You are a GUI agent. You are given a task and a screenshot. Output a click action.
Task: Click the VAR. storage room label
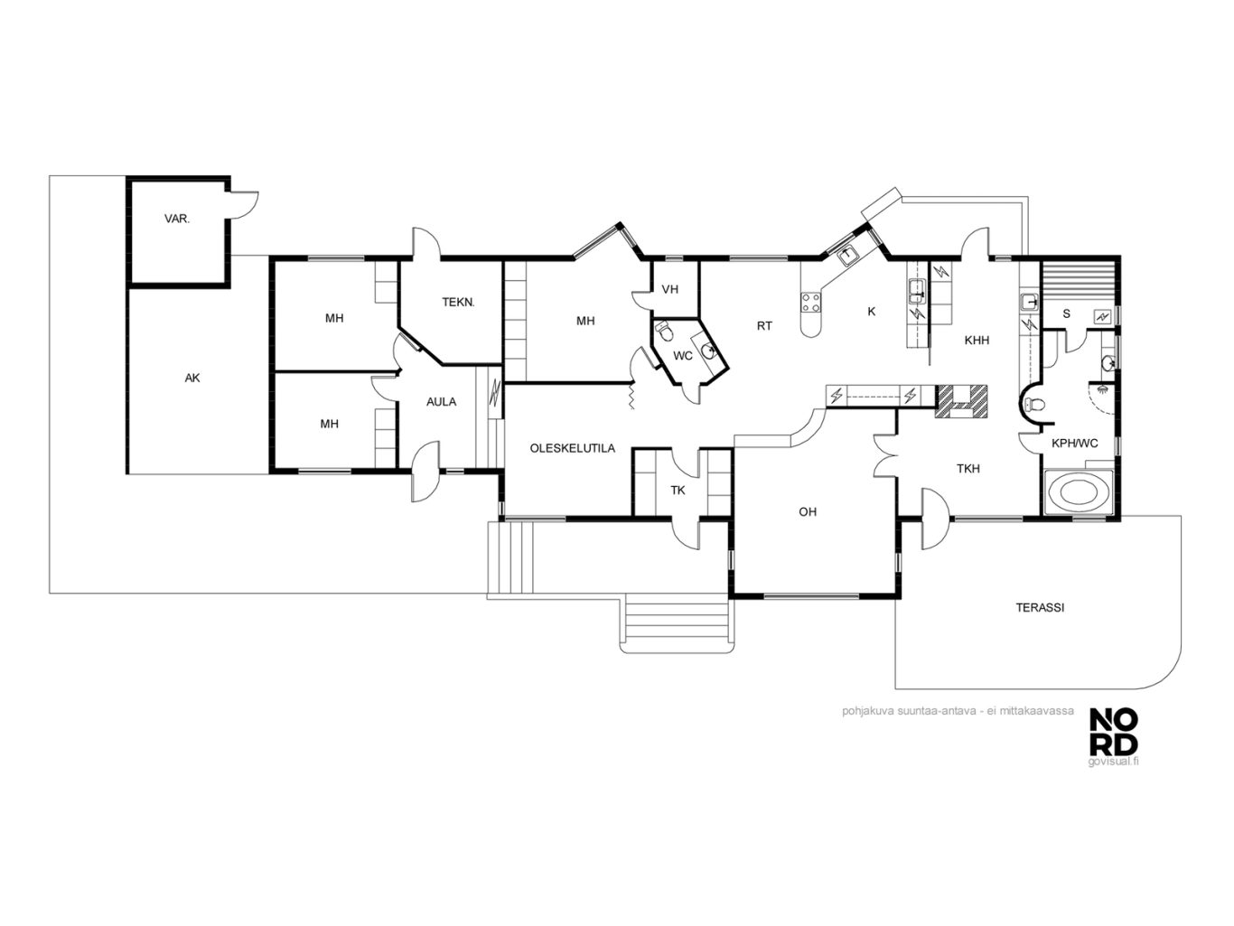[176, 220]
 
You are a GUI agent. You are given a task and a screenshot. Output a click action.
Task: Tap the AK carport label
[192, 379]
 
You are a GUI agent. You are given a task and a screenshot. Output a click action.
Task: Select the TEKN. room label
[458, 303]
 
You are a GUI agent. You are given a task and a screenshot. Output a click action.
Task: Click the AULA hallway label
[442, 402]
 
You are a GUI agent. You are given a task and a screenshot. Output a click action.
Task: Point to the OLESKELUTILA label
[573, 449]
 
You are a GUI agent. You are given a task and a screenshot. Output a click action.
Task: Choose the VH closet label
[670, 290]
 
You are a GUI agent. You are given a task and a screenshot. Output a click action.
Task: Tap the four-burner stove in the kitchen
[810, 302]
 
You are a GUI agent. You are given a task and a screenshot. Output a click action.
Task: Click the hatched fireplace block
[961, 401]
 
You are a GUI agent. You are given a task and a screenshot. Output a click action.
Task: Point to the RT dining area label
[764, 326]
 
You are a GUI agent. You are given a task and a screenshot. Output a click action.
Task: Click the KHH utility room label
[977, 341]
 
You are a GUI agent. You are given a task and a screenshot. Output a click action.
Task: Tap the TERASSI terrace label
[1040, 608]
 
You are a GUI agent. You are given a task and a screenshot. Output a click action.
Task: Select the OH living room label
[808, 512]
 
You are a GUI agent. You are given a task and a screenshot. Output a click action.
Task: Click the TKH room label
[968, 469]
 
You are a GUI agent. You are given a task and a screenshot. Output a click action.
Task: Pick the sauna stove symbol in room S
[1102, 317]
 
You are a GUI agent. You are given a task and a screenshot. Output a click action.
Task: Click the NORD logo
[1113, 732]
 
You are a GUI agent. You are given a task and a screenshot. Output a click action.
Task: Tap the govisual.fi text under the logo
[1113, 762]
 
